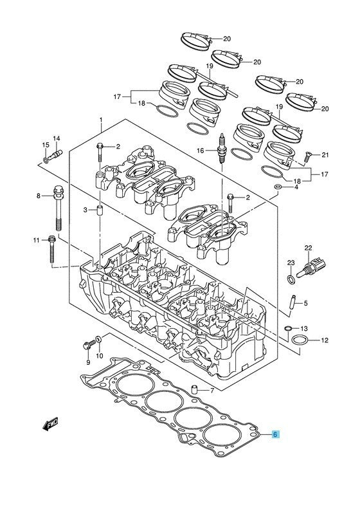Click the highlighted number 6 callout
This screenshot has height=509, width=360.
click(x=275, y=434)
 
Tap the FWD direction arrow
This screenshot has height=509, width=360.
click(x=50, y=423)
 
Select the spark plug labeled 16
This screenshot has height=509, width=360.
click(x=222, y=149)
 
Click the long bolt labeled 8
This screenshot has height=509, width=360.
click(x=59, y=208)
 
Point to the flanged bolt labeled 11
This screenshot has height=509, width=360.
click(x=52, y=249)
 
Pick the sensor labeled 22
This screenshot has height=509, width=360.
click(x=311, y=268)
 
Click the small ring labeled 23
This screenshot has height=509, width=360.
click(x=291, y=279)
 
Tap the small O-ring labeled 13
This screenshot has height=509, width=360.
click(x=287, y=329)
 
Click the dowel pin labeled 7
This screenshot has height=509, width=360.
click(x=195, y=389)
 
